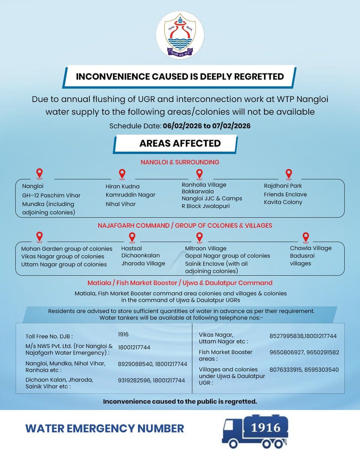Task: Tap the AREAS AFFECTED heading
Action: tap(180, 143)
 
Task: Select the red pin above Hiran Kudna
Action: tap(122, 174)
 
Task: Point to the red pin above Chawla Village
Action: tap(306, 237)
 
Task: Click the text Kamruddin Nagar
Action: tap(130, 195)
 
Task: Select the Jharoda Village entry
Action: tap(143, 263)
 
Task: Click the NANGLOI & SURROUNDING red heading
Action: tap(180, 162)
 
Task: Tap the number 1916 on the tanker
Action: tap(266, 427)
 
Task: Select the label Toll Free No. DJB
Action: tap(49, 336)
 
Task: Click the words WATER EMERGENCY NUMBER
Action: tap(105, 428)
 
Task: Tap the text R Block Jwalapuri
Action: tap(205, 206)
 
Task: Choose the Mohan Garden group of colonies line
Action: tap(67, 249)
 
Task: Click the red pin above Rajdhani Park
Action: tap(288, 174)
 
